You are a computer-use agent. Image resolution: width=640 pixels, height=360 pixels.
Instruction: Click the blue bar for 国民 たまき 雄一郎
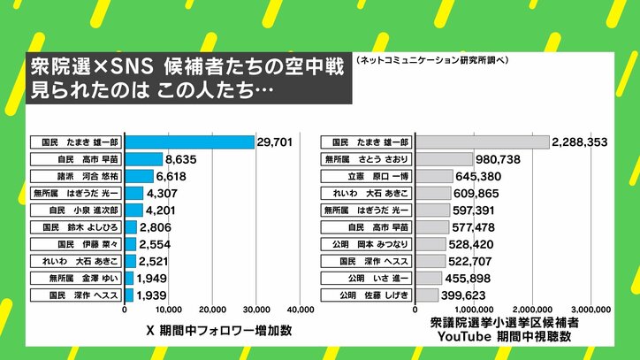point(189,142)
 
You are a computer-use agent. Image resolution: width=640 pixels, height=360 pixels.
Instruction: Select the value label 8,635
point(182,160)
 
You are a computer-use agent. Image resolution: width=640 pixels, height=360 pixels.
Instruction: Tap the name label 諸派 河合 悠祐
point(77,177)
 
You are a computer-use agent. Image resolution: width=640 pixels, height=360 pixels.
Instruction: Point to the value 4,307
point(163,194)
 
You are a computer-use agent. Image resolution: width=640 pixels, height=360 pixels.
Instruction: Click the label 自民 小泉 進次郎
point(77,211)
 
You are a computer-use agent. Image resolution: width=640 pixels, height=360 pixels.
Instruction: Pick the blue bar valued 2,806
point(131,227)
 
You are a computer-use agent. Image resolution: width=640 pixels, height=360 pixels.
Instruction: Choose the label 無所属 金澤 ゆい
point(77,278)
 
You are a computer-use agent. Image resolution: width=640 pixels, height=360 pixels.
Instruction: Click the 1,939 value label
point(153,295)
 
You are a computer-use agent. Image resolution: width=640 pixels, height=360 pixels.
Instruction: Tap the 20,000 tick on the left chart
point(212,310)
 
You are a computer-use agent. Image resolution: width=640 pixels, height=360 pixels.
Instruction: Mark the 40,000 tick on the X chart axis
point(301,310)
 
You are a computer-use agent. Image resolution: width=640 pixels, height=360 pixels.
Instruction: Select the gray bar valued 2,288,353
point(482,142)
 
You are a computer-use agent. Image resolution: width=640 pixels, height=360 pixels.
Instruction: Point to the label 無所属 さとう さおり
point(368,160)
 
